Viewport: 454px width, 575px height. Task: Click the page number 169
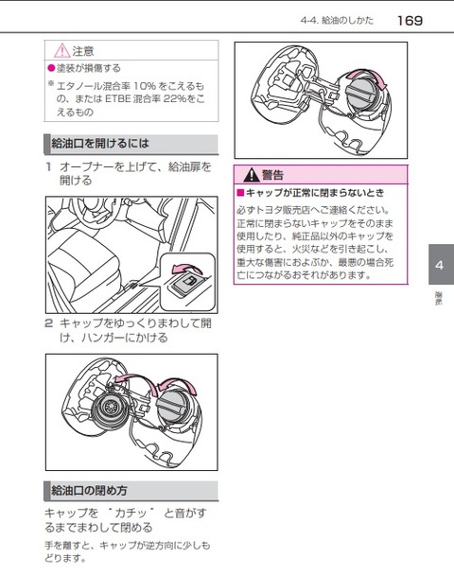coord(410,21)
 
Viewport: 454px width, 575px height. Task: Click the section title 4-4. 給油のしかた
coord(337,21)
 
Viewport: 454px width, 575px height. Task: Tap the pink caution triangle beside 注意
coord(62,51)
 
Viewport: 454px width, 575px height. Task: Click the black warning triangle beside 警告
coord(252,175)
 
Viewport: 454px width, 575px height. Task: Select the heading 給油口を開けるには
coord(100,143)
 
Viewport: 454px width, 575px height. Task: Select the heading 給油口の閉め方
coord(89,490)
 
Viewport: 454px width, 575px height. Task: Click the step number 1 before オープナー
coord(48,166)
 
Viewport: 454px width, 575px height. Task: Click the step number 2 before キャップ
coord(49,323)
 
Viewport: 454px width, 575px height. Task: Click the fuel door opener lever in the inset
coord(184,285)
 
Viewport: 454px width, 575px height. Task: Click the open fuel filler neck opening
coord(110,407)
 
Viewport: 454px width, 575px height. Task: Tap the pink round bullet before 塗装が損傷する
coord(51,68)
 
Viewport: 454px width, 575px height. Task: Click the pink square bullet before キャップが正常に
coord(240,193)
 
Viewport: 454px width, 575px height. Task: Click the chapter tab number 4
coord(439,265)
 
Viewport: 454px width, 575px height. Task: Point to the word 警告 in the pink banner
coord(272,175)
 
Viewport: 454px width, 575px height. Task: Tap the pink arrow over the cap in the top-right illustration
coord(366,78)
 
